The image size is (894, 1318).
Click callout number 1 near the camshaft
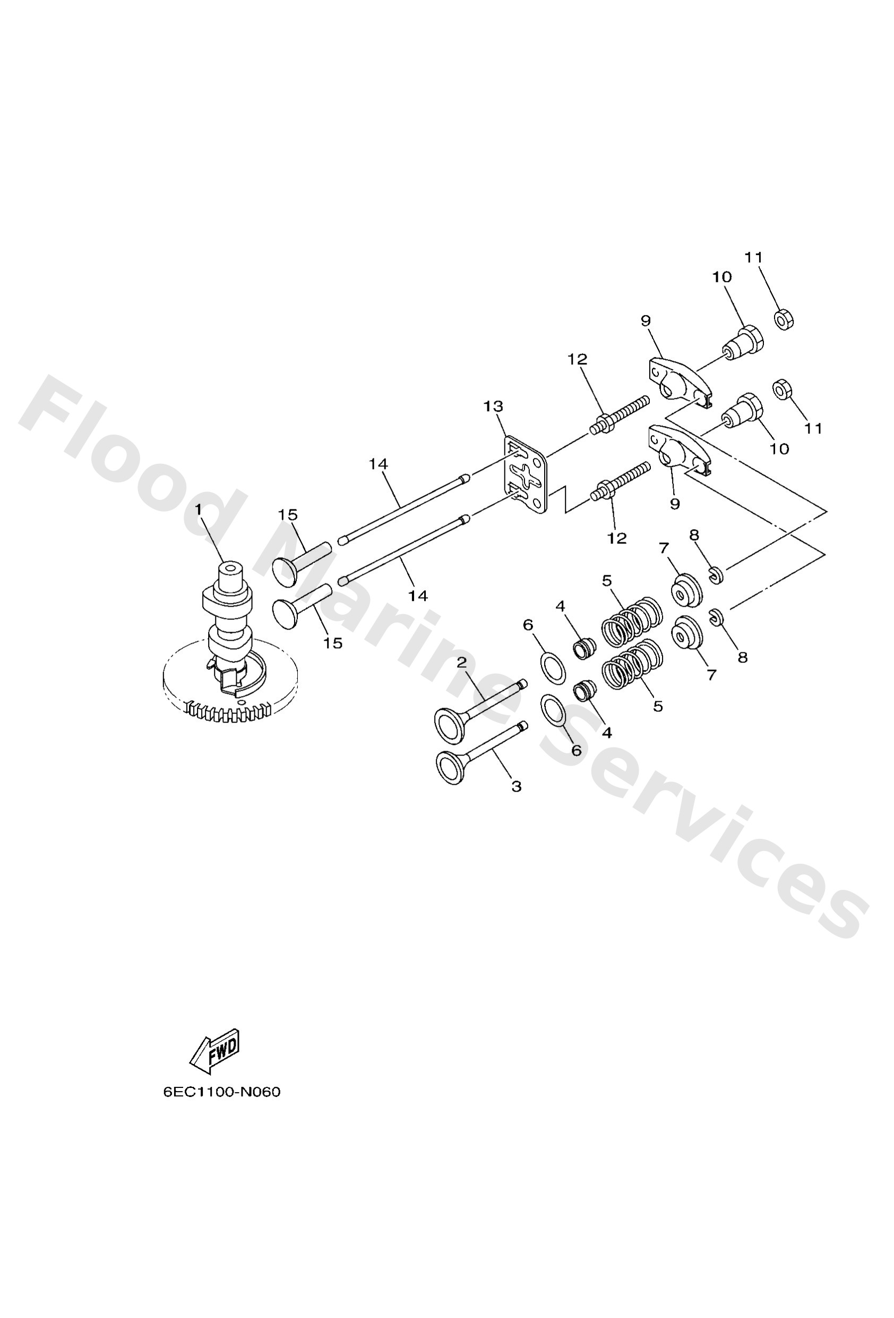pos(199,510)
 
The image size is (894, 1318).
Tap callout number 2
pos(461,662)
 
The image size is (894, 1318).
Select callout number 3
pos(516,787)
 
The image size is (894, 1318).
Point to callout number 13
pos(493,406)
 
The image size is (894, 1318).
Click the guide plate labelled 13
pos(526,475)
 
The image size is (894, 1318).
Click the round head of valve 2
pos(450,725)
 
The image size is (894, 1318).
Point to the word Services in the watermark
pos(703,828)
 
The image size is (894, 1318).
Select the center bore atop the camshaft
pos(231,567)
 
